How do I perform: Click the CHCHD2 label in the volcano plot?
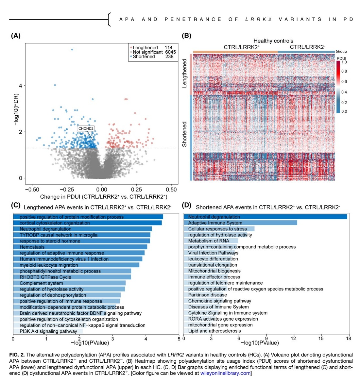pyautogui.click(x=86, y=128)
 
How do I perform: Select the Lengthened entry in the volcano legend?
pyautogui.click(x=145, y=48)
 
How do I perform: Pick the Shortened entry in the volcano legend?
pyautogui.click(x=144, y=57)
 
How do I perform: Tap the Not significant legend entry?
pyautogui.click(x=147, y=52)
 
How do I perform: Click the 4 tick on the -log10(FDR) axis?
pyautogui.click(x=21, y=86)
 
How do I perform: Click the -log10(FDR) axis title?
pyautogui.click(x=16, y=109)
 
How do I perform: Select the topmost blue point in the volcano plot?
pyautogui.click(x=72, y=50)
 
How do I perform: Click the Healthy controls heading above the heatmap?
pyautogui.click(x=273, y=41)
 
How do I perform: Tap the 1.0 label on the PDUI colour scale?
pyautogui.click(x=344, y=62)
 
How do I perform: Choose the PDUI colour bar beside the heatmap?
pyautogui.click(x=338, y=87)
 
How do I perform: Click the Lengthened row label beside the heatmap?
pyautogui.click(x=185, y=73)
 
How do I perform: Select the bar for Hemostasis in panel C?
pyautogui.click(x=80, y=247)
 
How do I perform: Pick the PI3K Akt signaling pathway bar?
pyautogui.click(x=48, y=331)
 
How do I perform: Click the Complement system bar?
pyautogui.click(x=69, y=283)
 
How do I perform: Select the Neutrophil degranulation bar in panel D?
pyautogui.click(x=265, y=217)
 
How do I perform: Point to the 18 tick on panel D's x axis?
pyautogui.click(x=349, y=339)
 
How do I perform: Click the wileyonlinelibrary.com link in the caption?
pyautogui.click(x=225, y=373)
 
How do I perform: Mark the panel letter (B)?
pyautogui.click(x=186, y=36)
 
